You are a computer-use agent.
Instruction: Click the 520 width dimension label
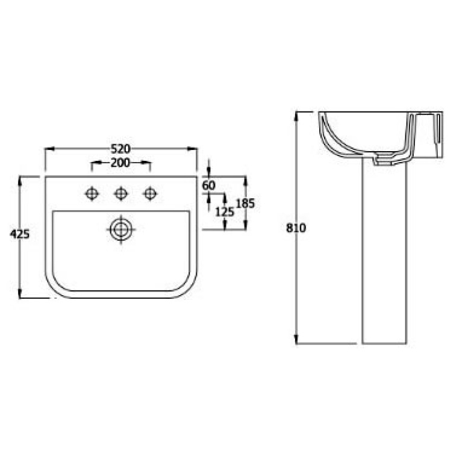tap(122, 148)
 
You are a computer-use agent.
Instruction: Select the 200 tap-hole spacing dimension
tap(120, 163)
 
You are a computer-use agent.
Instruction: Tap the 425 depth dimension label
tap(20, 234)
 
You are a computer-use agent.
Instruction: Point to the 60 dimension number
tap(208, 186)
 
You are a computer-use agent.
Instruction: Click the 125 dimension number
tap(224, 211)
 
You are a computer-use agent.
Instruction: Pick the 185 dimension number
tap(245, 203)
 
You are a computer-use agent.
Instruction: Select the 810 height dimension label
tap(297, 228)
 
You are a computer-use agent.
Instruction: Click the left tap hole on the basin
tap(92, 193)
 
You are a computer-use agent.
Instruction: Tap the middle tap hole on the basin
tap(120, 193)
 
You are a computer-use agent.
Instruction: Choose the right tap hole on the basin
tap(149, 193)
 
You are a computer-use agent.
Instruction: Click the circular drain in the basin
tap(120, 229)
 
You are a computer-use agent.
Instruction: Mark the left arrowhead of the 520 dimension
tap(48, 148)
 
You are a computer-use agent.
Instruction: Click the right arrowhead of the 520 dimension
tap(195, 148)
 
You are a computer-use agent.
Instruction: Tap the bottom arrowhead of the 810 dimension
tap(297, 341)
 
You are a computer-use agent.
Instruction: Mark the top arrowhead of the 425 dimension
tap(20, 179)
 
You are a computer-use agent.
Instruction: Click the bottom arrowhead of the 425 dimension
tap(20, 295)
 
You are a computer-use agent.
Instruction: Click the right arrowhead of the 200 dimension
tap(148, 163)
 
